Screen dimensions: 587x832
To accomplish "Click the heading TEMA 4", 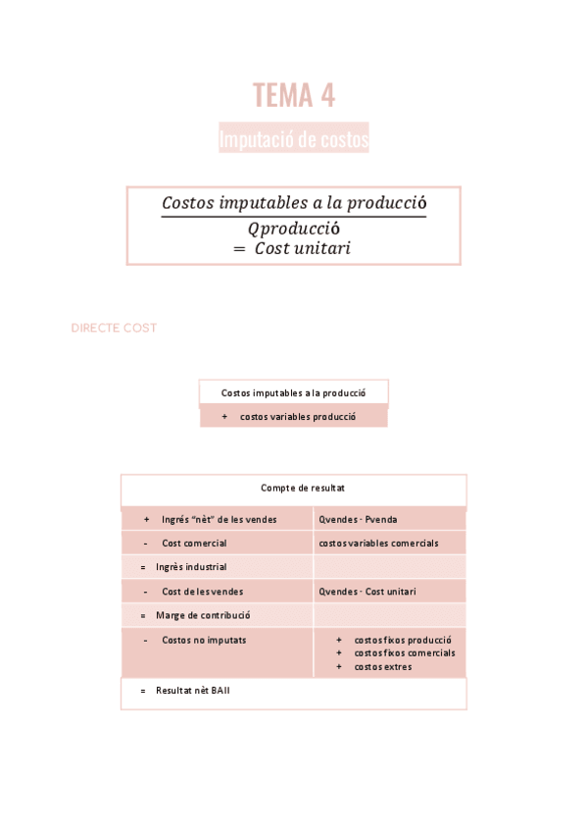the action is click(x=293, y=95).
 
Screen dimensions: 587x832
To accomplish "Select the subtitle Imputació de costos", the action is click(x=293, y=139).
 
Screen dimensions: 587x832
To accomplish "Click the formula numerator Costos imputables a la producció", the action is click(x=293, y=203).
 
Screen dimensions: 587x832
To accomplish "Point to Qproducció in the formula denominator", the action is click(x=293, y=228).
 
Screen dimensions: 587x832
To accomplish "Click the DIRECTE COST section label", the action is click(x=114, y=328).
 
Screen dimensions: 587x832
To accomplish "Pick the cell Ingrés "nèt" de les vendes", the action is click(x=219, y=519).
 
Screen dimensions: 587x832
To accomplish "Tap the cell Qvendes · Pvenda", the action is click(x=358, y=519).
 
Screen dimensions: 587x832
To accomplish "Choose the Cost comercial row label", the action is click(x=193, y=543).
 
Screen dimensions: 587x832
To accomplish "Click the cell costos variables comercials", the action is click(x=378, y=543).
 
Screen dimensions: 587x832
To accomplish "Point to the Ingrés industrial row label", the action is click(x=190, y=566).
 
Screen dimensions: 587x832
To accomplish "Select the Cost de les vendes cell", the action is click(x=202, y=592).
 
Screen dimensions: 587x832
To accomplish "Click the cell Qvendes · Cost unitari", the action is click(x=367, y=592).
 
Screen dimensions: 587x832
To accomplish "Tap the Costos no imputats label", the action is click(x=204, y=640).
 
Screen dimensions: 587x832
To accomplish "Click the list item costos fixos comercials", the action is click(x=404, y=652).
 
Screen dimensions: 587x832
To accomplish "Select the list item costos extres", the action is click(x=382, y=666).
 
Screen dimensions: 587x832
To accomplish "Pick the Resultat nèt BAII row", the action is click(x=192, y=691).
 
